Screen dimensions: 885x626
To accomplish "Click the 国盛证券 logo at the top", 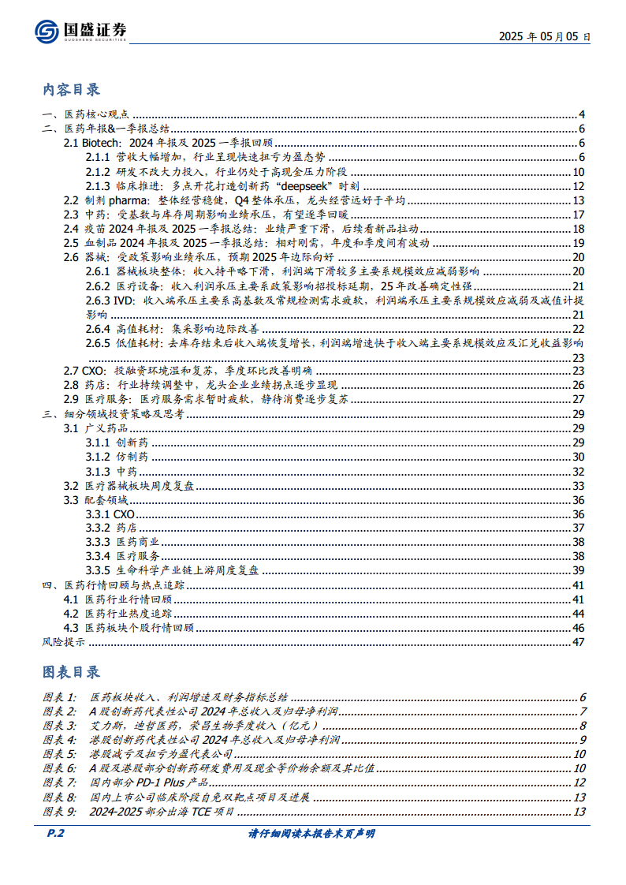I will click(x=80, y=30).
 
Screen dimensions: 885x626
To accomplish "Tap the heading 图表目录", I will click(x=72, y=672).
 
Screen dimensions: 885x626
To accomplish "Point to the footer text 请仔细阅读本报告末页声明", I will click(x=311, y=833).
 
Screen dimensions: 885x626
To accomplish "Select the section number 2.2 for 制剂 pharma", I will click(x=71, y=201).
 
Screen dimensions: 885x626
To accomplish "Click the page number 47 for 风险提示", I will click(x=577, y=641).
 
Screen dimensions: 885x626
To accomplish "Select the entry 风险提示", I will click(x=64, y=641).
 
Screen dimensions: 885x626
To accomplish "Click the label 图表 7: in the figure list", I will click(x=61, y=782).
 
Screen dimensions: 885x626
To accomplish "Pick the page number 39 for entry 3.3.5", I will click(x=577, y=570).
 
